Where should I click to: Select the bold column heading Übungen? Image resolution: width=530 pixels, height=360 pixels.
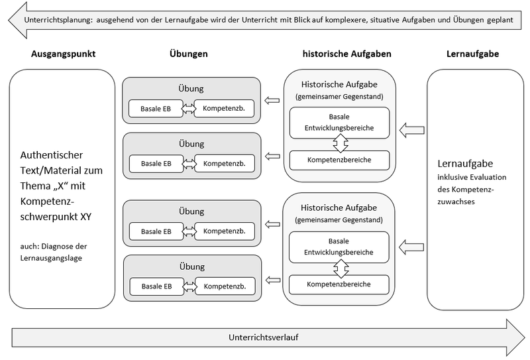coord(191,53)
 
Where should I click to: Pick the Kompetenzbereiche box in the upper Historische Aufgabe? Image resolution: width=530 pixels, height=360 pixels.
coord(339,160)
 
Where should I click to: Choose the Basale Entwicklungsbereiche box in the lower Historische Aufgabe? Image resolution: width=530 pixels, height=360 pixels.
coord(339,247)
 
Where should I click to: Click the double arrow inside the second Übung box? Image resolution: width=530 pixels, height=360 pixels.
coord(187,163)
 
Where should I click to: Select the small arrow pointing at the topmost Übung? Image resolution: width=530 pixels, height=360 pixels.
coord(272,101)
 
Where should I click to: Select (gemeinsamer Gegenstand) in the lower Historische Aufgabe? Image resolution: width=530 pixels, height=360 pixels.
coord(339,219)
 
